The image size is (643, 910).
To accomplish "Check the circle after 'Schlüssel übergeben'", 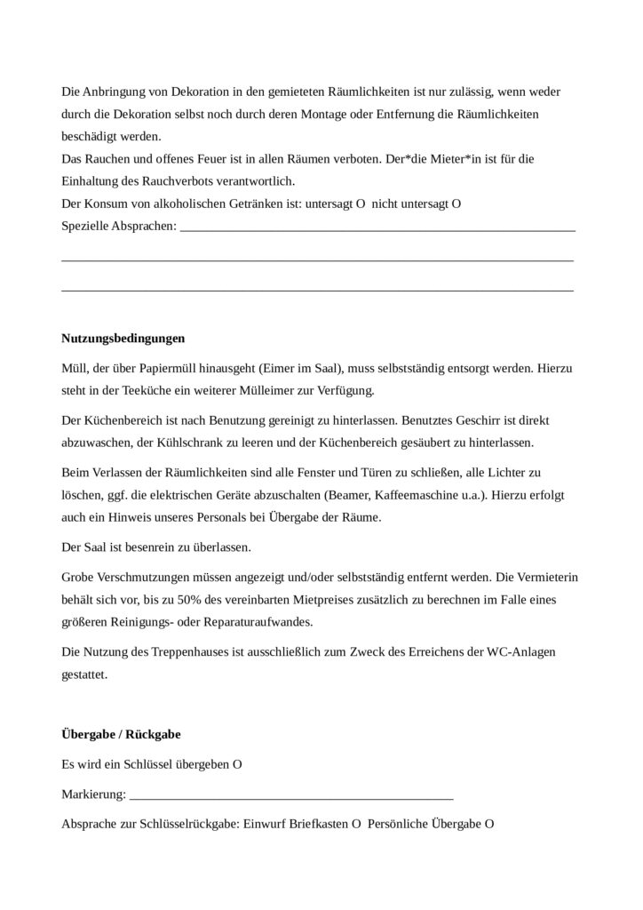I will pyautogui.click(x=238, y=764).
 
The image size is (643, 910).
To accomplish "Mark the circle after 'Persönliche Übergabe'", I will pyautogui.click(x=489, y=824).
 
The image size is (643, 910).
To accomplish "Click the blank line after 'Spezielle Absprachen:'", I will pyautogui.click(x=377, y=228).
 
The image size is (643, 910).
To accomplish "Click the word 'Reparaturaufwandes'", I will pyautogui.click(x=240, y=621).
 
